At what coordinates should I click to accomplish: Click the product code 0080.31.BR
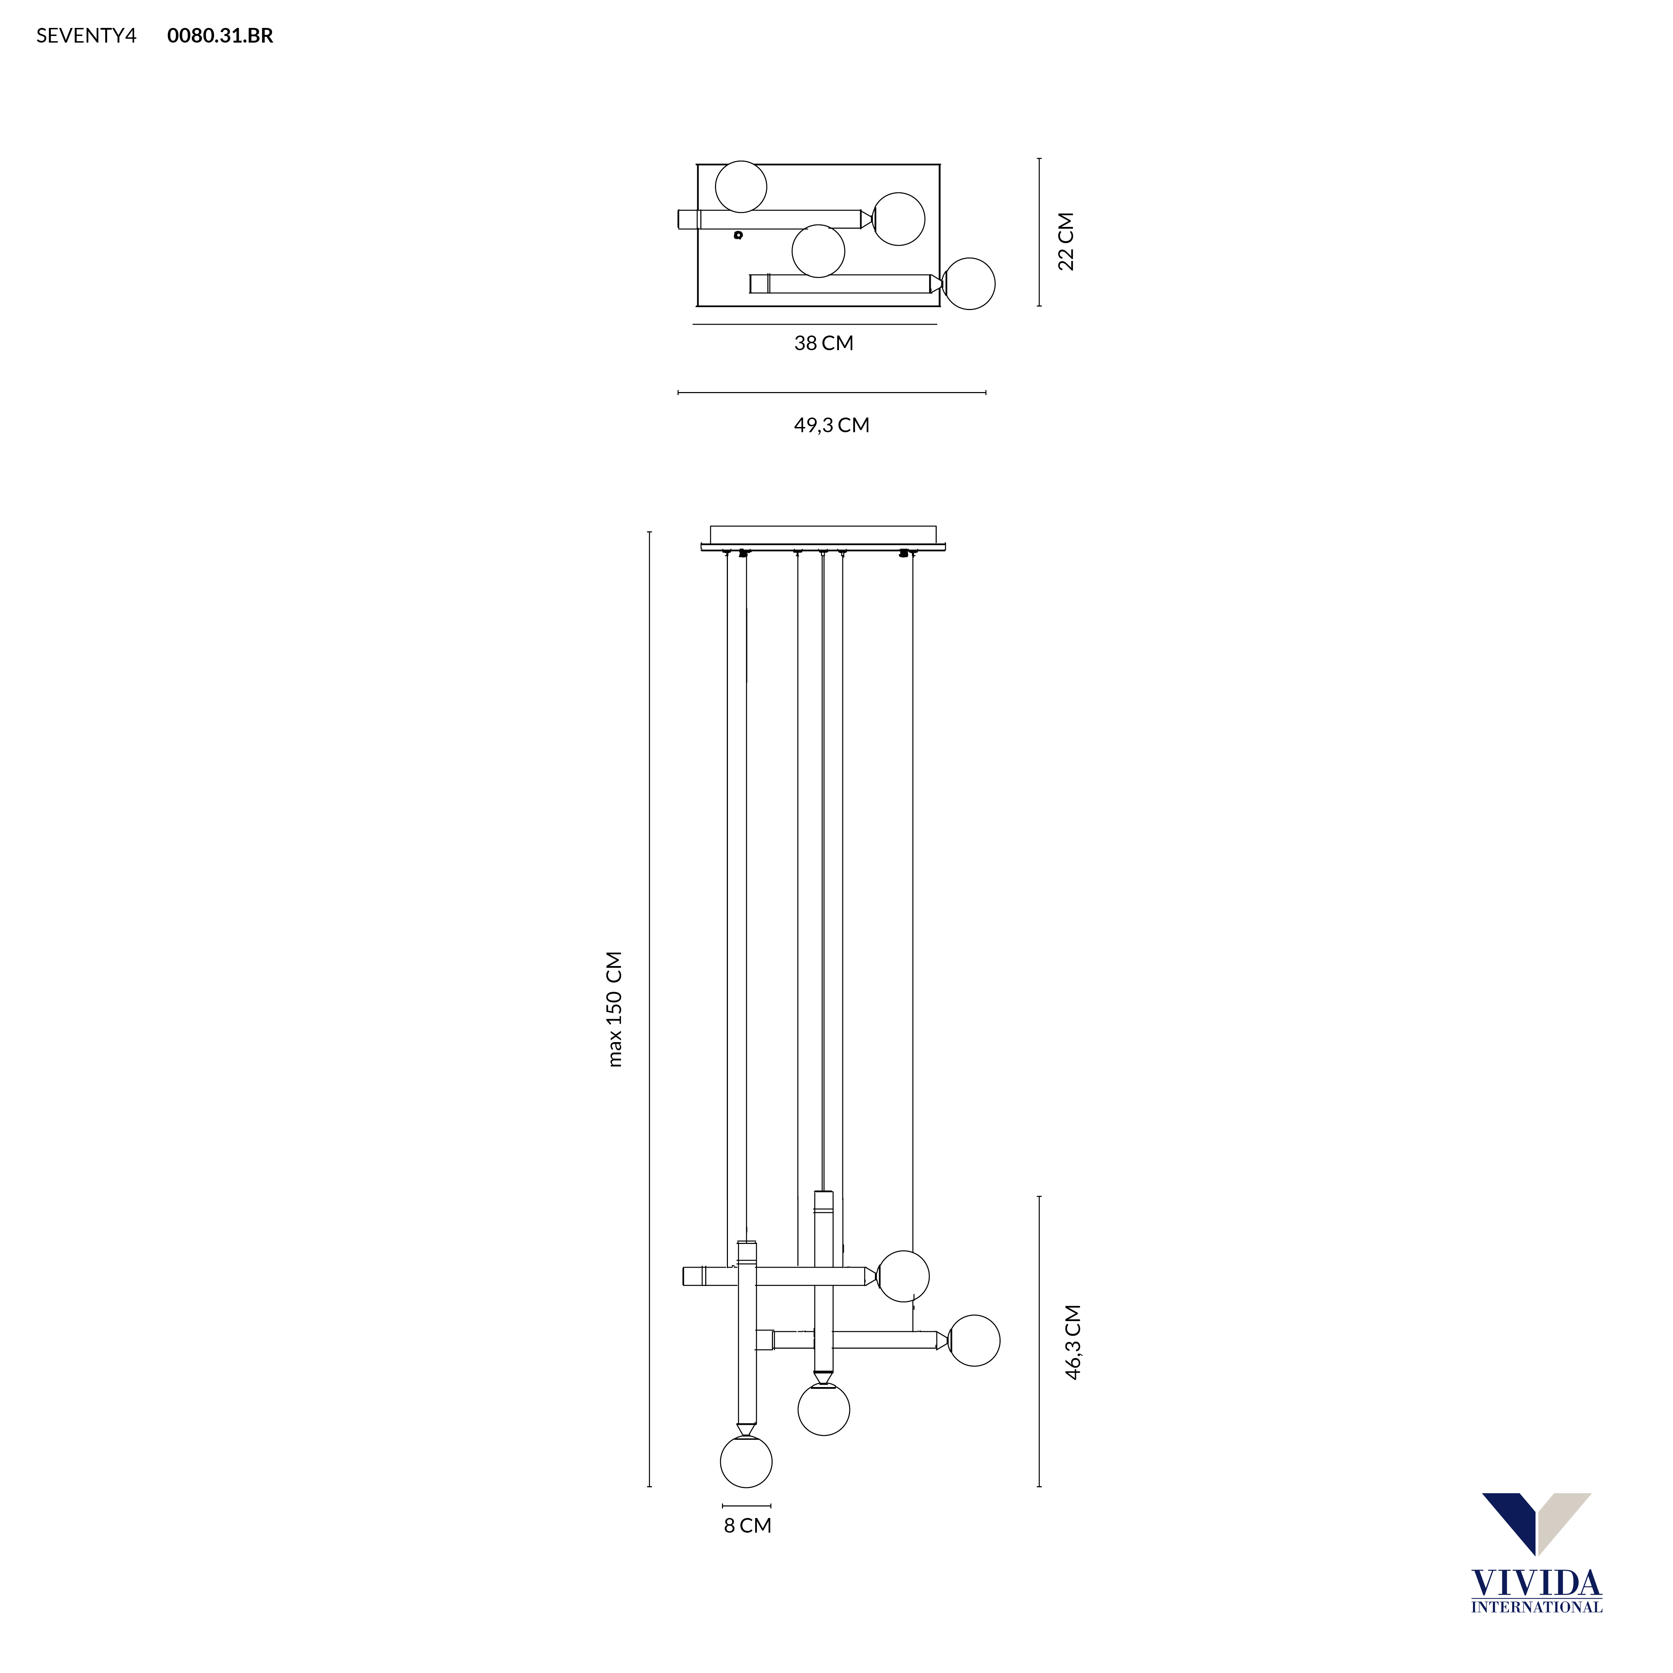tap(220, 36)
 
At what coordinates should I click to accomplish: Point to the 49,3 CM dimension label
tap(831, 425)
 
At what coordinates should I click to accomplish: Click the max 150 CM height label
tap(615, 1009)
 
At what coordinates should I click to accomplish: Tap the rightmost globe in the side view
tap(974, 1341)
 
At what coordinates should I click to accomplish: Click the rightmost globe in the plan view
tap(969, 283)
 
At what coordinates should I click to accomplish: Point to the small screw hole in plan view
tap(738, 235)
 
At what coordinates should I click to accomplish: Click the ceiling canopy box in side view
tap(823, 534)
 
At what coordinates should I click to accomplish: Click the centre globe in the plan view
tap(818, 251)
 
